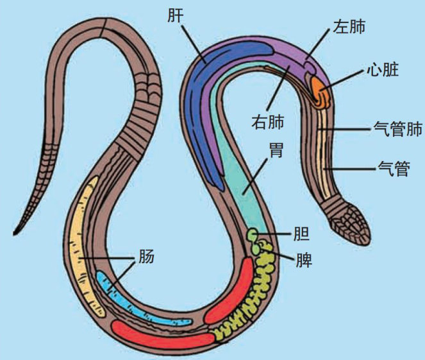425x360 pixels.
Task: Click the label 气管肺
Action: click(x=397, y=130)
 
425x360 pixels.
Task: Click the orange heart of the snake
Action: click(x=320, y=90)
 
